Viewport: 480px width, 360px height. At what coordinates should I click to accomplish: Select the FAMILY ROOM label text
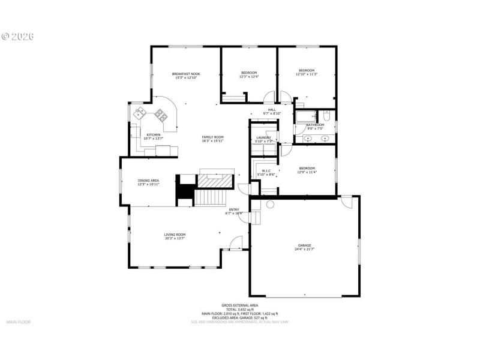212,137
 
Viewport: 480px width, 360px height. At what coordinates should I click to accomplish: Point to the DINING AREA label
148,180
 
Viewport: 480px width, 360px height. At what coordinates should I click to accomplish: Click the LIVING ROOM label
175,235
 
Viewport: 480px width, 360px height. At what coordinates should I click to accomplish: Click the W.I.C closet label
265,170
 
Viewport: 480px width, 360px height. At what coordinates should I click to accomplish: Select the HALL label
272,110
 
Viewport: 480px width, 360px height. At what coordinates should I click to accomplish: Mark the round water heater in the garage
270,205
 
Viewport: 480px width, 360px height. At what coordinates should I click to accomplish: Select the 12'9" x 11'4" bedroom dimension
307,172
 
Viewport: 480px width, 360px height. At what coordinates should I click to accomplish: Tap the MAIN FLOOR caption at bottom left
18,322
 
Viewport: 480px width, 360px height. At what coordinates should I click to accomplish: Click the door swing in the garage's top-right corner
346,203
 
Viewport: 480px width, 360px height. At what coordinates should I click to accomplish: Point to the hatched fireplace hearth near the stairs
215,181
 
